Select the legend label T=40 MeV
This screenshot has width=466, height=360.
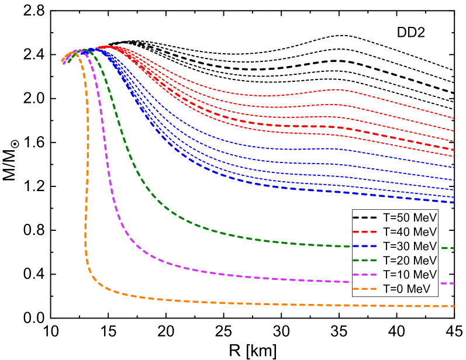409,231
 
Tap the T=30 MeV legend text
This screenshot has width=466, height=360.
409,245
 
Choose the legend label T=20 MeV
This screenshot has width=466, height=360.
409,260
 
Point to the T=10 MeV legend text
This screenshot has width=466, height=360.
409,274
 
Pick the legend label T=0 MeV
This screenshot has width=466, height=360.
406,288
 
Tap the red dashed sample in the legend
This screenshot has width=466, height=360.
366,231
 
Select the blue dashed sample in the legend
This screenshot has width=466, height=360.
366,245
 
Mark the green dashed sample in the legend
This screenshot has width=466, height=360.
366,260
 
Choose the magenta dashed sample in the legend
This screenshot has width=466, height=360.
366,274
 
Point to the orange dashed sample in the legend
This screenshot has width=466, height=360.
366,288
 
